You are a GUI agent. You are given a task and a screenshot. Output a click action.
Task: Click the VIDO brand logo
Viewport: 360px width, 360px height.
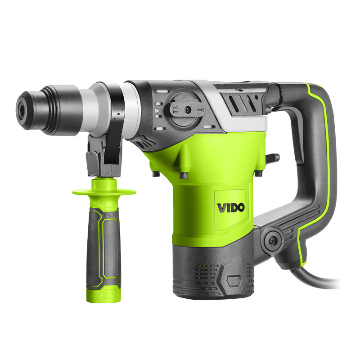tap(231, 208)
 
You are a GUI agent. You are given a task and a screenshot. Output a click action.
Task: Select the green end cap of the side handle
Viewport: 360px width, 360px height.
tap(104, 295)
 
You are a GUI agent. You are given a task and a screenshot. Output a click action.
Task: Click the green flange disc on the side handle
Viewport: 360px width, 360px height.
tap(104, 192)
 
